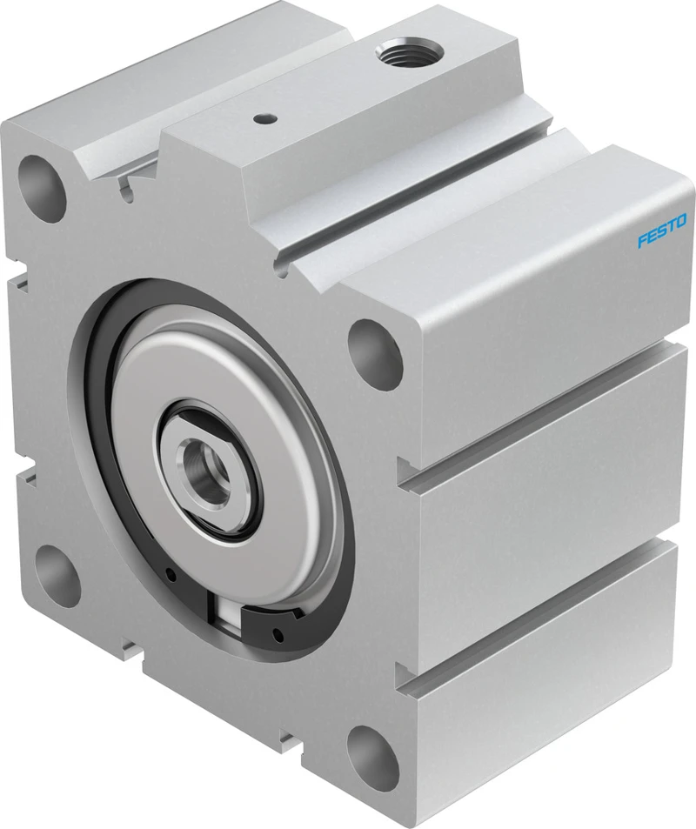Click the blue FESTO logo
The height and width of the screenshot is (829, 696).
click(661, 231)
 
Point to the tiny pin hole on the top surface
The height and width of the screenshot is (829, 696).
click(261, 119)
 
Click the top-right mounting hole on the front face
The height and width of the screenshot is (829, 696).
click(375, 351)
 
